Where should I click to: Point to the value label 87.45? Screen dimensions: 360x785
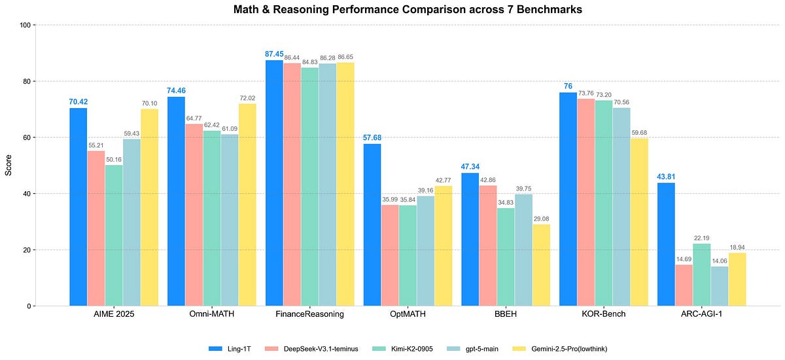pos(274,54)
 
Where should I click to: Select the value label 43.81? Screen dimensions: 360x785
pos(666,177)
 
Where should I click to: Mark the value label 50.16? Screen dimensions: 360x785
pos(114,158)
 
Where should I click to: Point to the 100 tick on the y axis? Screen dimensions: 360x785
pos(26,26)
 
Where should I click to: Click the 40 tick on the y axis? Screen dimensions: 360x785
pos(27,194)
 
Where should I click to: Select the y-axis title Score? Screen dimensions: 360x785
pos(9,165)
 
